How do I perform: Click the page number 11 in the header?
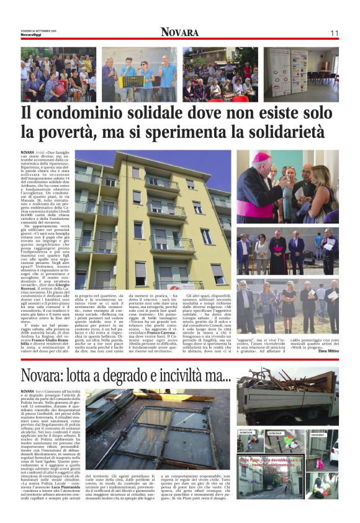pos(334,33)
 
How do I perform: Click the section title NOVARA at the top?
pos(179,32)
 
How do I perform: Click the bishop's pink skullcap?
pos(261,157)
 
